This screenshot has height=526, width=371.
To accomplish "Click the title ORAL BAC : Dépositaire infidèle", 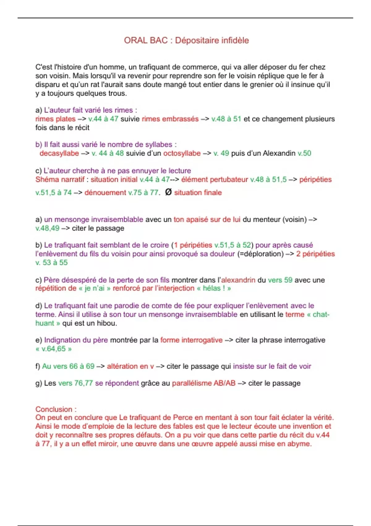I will pos(186,41).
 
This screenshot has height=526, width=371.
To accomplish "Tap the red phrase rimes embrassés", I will pos(170,119).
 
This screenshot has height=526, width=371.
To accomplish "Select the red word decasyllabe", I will pos(59,153).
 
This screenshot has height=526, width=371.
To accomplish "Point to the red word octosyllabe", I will pos(182,153).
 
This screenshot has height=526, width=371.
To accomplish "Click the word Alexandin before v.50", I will pos(279,153).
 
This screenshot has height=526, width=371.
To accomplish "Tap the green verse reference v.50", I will pos(304,153).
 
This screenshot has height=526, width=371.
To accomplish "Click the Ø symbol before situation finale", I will pos(168,192).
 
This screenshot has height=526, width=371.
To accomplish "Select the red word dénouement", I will pos(105,193).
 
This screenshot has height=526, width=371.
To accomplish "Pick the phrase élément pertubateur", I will pos(215,180).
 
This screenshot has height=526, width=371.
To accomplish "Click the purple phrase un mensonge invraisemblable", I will pos(93,220).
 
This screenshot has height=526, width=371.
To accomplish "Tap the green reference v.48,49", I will pos(47,228).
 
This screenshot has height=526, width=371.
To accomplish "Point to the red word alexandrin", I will pos(238,280).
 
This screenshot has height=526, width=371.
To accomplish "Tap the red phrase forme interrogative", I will pos(191,340).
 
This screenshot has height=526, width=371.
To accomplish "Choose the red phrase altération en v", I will pos(130,366).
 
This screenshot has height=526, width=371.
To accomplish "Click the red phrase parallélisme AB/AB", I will pos(204,383).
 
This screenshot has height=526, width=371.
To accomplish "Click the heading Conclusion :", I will pos(56,409).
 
